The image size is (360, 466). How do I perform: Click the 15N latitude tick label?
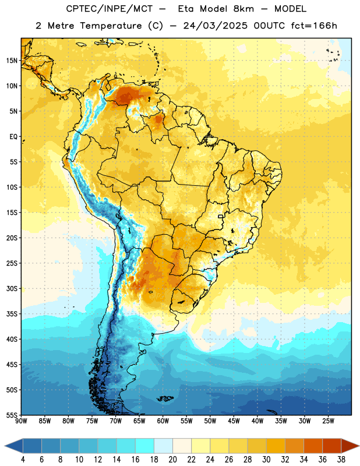pos(12,61)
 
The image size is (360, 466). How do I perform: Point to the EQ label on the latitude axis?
pos(13,137)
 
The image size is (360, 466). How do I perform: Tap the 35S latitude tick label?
pos(12,314)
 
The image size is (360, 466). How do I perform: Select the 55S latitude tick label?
pos(12,415)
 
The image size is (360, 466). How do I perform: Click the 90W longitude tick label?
pos(21,421)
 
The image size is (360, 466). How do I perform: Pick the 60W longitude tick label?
pos(163,421)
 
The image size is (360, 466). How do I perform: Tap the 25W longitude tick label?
pos(328,421)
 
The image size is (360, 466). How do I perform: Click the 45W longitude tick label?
pos(234,421)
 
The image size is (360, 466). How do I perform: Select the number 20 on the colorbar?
pos(172,460)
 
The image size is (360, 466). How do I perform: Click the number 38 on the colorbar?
pos(341,460)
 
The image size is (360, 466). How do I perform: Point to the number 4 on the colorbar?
pos(23,460)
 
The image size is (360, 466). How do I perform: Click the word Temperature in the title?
pos(111,26)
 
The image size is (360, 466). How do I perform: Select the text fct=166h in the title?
pos(314,26)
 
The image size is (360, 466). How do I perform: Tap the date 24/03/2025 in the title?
pos(215,26)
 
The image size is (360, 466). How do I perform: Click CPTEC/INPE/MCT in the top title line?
pos(110,9)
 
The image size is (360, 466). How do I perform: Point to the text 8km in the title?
pos(243,9)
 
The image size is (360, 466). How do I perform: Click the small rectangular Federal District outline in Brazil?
pos(221,216)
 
